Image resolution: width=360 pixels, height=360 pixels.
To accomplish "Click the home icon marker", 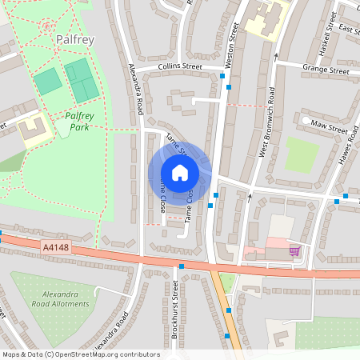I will pyautogui.click(x=179, y=173).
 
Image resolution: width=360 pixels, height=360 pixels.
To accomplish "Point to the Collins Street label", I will pyautogui.click(x=181, y=67).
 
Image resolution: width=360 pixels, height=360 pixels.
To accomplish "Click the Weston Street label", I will pyautogui.click(x=234, y=44).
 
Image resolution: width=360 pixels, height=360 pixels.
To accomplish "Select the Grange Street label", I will pyautogui.click(x=326, y=70).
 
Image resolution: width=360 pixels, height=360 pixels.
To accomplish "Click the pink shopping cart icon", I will pyautogui.click(x=294, y=250).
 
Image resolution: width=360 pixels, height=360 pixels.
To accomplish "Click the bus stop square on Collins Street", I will pyautogui.click(x=222, y=75).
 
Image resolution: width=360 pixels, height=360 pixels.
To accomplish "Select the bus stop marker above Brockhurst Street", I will pyautogui.click(x=182, y=266).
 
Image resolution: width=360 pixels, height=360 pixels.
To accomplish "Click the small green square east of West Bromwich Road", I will pyautogui.click(x=302, y=154).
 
